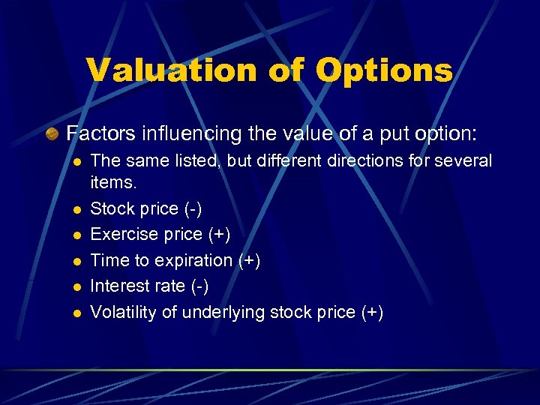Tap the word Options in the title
pyautogui.click(x=384, y=70)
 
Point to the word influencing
pyautogui.click(x=181, y=134)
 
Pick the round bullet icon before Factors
pyautogui.click(x=53, y=135)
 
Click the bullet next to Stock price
pyautogui.click(x=76, y=209)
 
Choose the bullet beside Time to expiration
pyautogui.click(x=76, y=261)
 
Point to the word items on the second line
pyautogui.click(x=109, y=182)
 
